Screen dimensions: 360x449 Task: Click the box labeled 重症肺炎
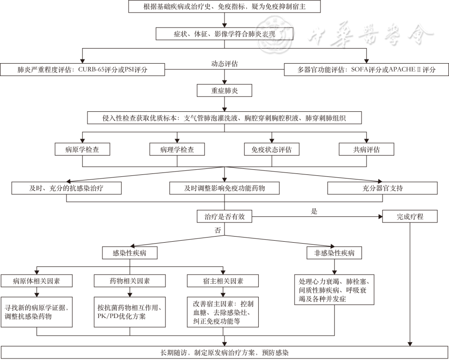point(224,90)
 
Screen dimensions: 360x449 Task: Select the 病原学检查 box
point(82,150)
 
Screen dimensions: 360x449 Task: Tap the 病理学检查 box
point(177,150)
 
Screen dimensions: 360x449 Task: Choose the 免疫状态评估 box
point(272,150)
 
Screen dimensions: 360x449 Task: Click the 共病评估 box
point(366,150)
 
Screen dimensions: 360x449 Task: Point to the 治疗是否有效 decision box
point(224,216)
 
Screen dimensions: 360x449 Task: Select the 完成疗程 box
point(410,216)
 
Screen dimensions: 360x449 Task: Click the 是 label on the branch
point(314,211)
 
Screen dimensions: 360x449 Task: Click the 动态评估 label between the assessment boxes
point(224,64)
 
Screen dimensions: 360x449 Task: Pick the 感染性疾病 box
point(130,253)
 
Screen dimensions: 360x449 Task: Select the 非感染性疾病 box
point(334,253)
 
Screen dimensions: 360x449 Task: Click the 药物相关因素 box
point(130,281)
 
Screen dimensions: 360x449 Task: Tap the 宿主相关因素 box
point(222,281)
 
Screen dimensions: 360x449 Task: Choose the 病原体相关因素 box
point(36,281)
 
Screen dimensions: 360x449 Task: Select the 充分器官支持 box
point(383,188)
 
